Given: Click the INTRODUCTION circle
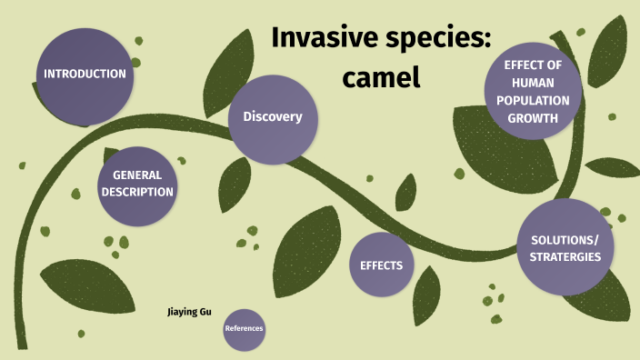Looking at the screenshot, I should point(85,75).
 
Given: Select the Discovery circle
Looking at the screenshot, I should point(273,118).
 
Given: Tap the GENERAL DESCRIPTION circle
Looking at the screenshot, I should point(137,185).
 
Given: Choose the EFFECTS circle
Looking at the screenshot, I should point(382,265).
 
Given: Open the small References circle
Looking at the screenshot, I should point(244,328).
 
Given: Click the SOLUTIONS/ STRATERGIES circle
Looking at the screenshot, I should point(565,247).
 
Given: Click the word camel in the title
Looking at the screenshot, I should point(382,78).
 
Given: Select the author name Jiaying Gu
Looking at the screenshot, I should point(189,312).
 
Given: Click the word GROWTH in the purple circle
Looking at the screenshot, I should point(532,117).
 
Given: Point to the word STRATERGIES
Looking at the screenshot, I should point(565,257).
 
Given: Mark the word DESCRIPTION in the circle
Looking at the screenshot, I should point(137,193).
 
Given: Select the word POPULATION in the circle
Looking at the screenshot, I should point(532,100).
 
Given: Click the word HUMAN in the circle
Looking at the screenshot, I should point(532,83).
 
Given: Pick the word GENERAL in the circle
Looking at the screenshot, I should point(137,175).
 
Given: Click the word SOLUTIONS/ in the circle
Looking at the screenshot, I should point(565,239).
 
